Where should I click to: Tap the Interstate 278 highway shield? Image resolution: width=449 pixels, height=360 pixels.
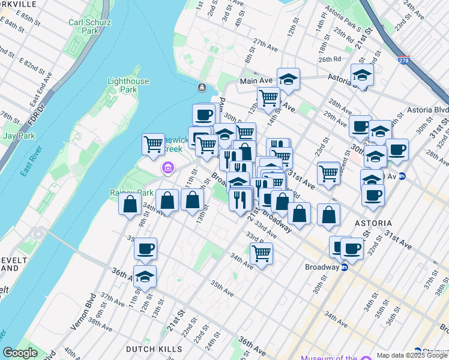403,60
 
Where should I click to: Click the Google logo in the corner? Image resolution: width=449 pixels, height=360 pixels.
20,353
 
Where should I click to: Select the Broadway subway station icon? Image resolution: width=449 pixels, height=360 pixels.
345,268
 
